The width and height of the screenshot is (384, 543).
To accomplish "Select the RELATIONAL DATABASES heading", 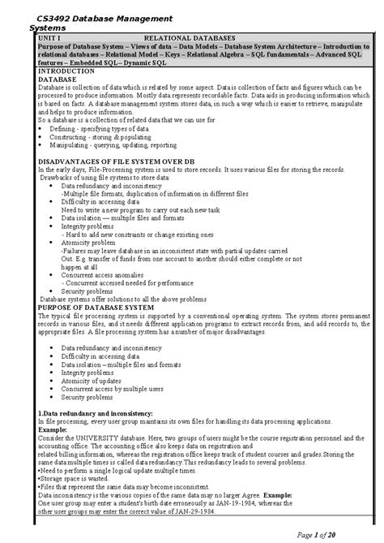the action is [189, 37].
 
